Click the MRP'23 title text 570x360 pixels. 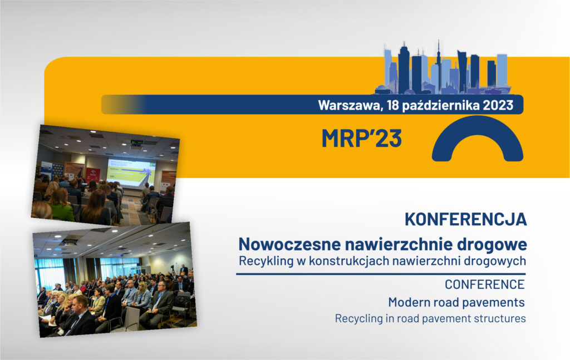click(x=361, y=138)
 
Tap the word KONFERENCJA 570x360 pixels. click(x=465, y=219)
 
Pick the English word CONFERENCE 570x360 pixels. click(x=484, y=284)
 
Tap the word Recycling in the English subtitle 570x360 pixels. click(x=358, y=319)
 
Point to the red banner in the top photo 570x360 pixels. click(x=93, y=174)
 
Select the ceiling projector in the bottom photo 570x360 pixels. click(x=68, y=241)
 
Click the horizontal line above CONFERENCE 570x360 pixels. click(x=381, y=274)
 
